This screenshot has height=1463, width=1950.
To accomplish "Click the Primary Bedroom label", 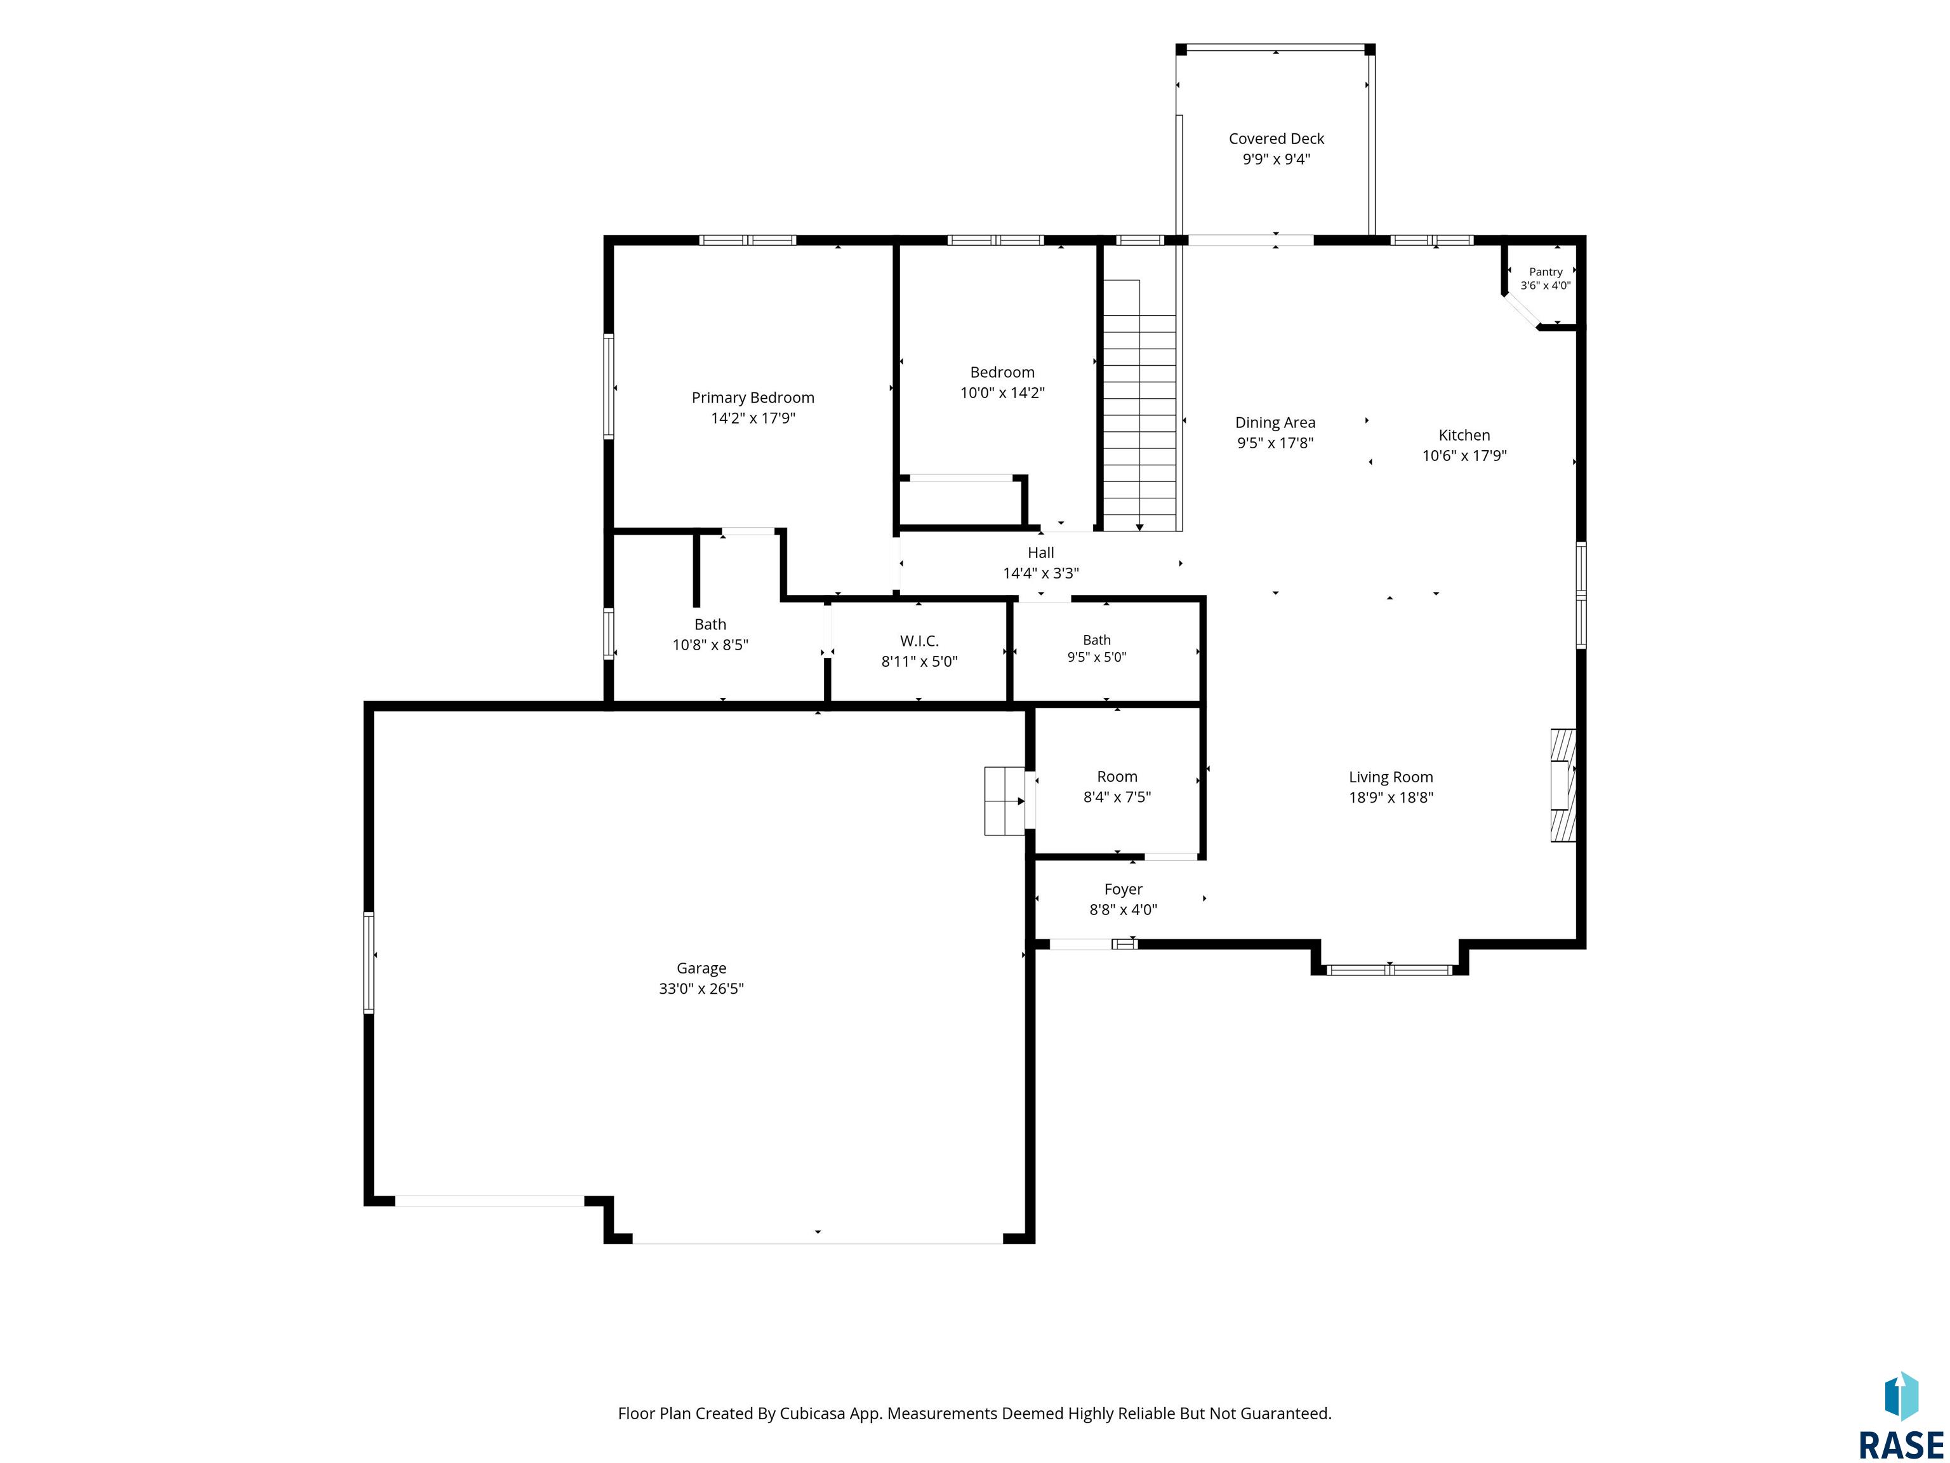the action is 753,397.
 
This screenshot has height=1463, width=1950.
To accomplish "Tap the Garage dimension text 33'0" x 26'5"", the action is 701,989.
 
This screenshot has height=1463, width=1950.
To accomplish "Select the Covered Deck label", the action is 1277,138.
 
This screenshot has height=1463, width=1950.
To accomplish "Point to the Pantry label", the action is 1546,272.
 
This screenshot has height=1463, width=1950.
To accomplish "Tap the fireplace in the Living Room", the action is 1563,784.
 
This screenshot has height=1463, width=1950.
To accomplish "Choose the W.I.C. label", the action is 920,641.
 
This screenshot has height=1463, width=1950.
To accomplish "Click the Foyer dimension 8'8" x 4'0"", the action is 1123,909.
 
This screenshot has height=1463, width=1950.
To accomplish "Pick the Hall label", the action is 1040,553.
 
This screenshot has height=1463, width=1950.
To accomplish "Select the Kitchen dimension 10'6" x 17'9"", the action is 1464,455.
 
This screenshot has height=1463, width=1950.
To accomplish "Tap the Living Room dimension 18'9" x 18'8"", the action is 1391,797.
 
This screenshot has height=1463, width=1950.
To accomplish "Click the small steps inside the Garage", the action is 1005,801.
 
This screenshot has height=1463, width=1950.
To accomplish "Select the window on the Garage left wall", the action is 369,962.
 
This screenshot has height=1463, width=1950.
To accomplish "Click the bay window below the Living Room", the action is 1390,970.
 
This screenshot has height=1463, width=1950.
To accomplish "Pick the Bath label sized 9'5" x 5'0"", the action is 1097,640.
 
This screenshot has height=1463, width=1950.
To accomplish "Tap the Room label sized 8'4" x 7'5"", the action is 1117,777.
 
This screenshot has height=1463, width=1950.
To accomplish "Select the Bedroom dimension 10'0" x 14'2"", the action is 1002,392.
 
